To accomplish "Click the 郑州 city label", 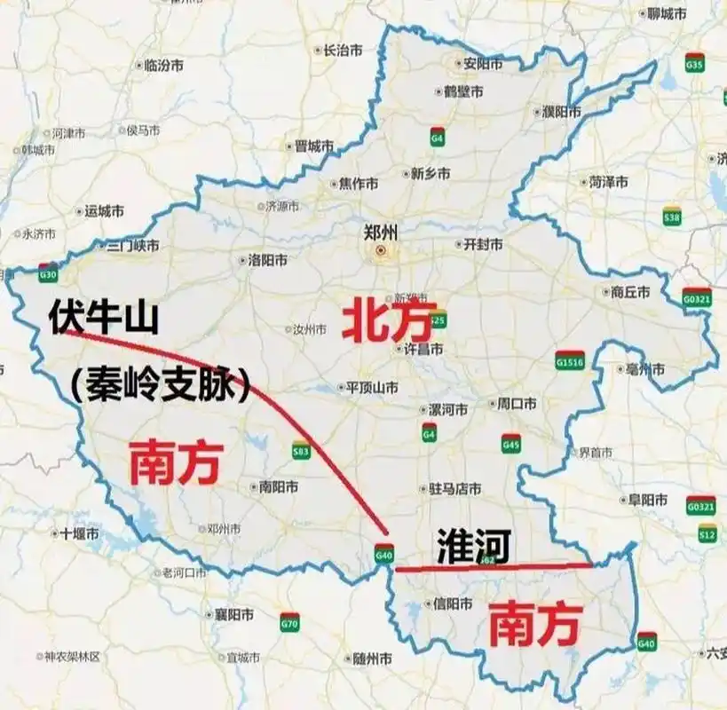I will coord(381,233).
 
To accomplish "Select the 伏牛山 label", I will coord(105,317).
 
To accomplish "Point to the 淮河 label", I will coord(473,546).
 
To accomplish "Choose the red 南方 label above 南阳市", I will coord(175,462).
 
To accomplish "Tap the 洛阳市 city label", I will coord(267,261).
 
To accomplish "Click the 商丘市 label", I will coord(630,292).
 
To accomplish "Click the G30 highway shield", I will coord(48,274).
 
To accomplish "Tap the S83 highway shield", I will coord(301,452).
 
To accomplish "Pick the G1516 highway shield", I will coord(569,360).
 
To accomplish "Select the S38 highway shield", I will coord(672,216).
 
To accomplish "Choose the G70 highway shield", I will coord(289,622).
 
